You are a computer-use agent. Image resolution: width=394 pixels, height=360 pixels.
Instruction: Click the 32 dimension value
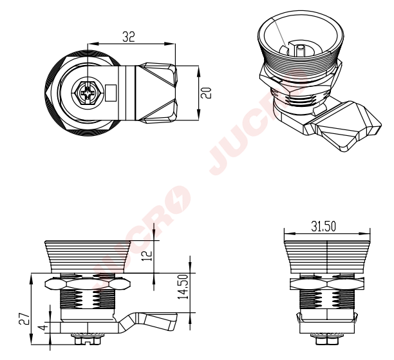point(129,37)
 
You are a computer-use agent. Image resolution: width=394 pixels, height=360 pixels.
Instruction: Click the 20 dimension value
point(206,93)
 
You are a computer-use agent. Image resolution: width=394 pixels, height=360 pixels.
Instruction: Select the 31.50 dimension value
point(323,226)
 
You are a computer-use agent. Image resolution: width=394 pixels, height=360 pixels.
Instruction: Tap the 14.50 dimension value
point(183,287)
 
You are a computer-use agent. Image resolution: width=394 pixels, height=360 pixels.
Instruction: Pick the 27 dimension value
point(24,319)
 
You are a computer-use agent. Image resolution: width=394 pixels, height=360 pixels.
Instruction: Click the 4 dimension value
point(44,327)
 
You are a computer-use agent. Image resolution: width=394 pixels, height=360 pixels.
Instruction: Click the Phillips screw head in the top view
point(87,93)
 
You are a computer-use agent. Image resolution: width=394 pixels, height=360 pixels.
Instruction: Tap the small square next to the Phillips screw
point(111,93)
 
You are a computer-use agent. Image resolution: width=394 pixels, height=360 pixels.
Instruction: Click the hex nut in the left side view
point(88,284)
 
